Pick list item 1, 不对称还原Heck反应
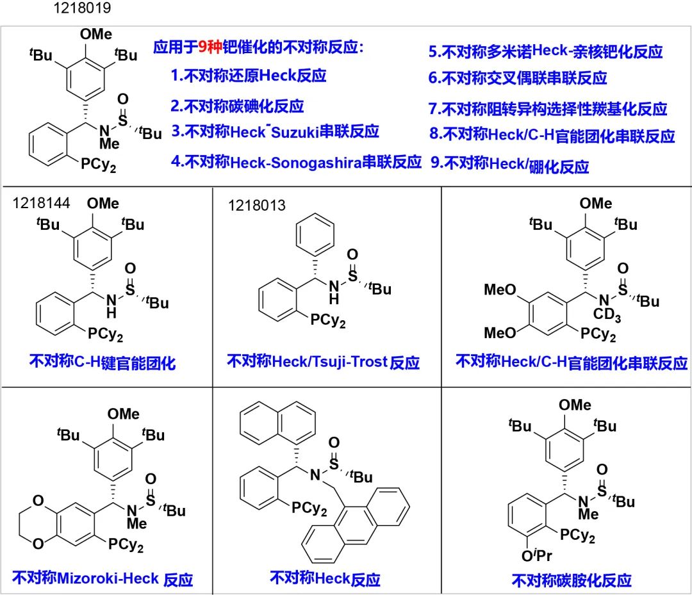pos(249,76)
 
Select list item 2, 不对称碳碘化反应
pos(237,106)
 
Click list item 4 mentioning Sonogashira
pos(296,161)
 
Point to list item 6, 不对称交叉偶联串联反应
pos(518,78)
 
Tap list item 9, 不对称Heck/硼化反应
pos(509,166)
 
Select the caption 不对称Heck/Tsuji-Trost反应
pos(323,362)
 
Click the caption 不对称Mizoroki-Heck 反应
pos(103,579)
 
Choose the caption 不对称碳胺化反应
pos(572,580)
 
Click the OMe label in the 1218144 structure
pos(103,204)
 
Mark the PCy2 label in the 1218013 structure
pos(329,320)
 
